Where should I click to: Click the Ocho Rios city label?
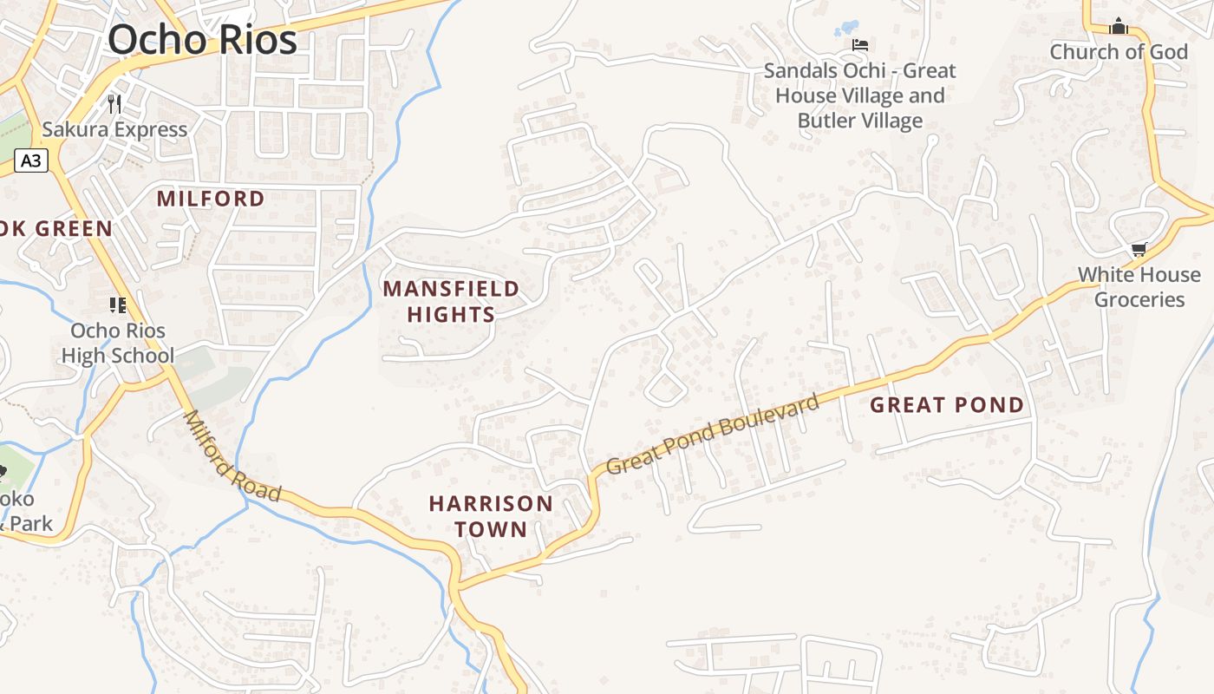pyautogui.click(x=202, y=39)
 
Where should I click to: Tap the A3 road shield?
pyautogui.click(x=30, y=160)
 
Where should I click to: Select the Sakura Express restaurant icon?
pyautogui.click(x=114, y=105)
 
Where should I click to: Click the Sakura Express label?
pyautogui.click(x=114, y=130)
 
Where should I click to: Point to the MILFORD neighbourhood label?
pyautogui.click(x=211, y=199)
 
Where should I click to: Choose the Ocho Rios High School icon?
pyautogui.click(x=117, y=304)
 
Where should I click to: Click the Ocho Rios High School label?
pyautogui.click(x=117, y=343)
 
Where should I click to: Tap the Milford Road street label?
pyautogui.click(x=232, y=456)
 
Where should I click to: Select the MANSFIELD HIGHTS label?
pyautogui.click(x=451, y=301)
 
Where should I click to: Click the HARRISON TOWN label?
pyautogui.click(x=491, y=516)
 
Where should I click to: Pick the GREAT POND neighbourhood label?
pyautogui.click(x=947, y=405)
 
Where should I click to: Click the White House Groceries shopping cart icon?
pyautogui.click(x=1139, y=250)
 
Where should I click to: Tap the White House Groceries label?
pyautogui.click(x=1139, y=287)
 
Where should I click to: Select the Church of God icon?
pyautogui.click(x=1119, y=27)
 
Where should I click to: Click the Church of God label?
pyautogui.click(x=1119, y=52)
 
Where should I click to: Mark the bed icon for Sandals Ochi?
pyautogui.click(x=859, y=45)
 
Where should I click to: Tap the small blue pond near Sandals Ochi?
pyautogui.click(x=846, y=29)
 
